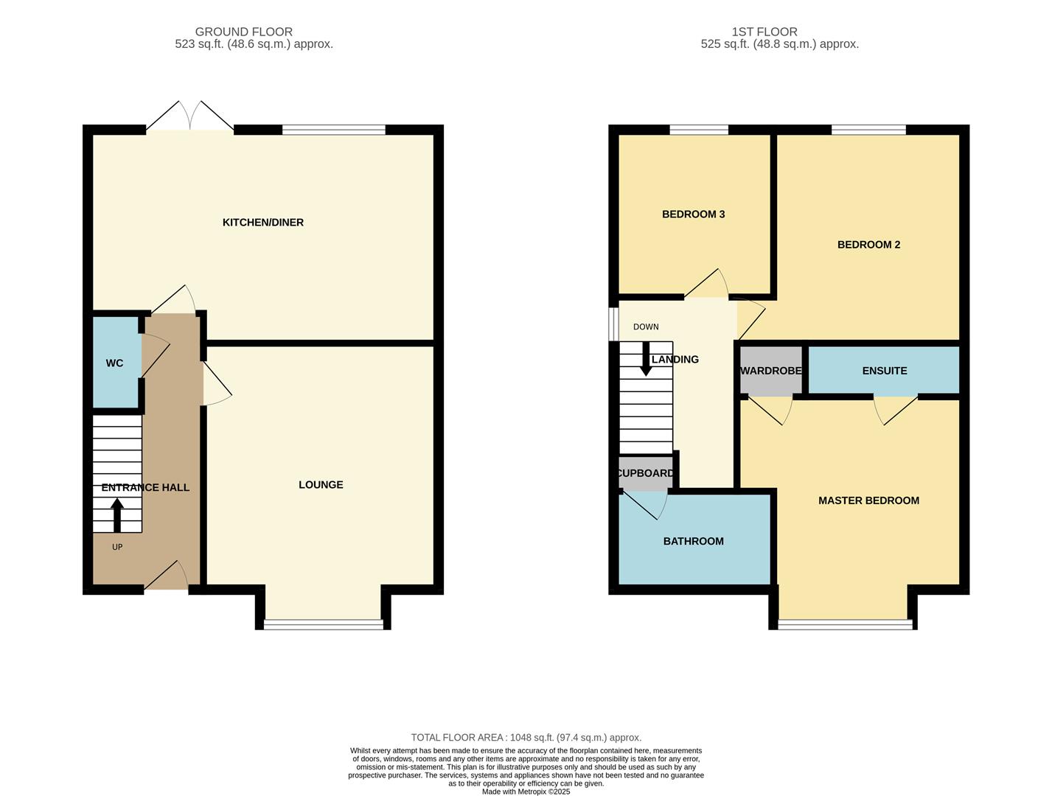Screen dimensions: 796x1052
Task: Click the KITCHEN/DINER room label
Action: [x=263, y=223]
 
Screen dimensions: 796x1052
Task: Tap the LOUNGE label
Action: [x=321, y=485]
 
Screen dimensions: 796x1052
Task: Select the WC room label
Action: [x=114, y=363]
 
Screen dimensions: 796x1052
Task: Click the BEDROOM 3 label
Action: [x=693, y=214]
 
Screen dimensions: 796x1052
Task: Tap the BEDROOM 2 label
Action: [x=868, y=245]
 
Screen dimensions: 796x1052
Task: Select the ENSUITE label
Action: [x=884, y=371]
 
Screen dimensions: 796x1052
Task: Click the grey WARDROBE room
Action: [x=770, y=371]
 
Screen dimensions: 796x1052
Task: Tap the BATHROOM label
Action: [x=693, y=542]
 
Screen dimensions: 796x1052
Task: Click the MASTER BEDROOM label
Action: [x=868, y=500]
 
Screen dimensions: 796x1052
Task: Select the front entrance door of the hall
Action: [x=167, y=579]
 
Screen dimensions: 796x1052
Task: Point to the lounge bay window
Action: [x=323, y=624]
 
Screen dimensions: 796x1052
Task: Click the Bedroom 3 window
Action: [x=699, y=130]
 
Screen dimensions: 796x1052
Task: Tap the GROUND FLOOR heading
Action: [x=244, y=32]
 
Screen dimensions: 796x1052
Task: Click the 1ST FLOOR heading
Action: [x=764, y=32]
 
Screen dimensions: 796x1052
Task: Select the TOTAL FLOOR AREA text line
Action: [x=526, y=738]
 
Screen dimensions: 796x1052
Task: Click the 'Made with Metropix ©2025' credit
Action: [x=526, y=792]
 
